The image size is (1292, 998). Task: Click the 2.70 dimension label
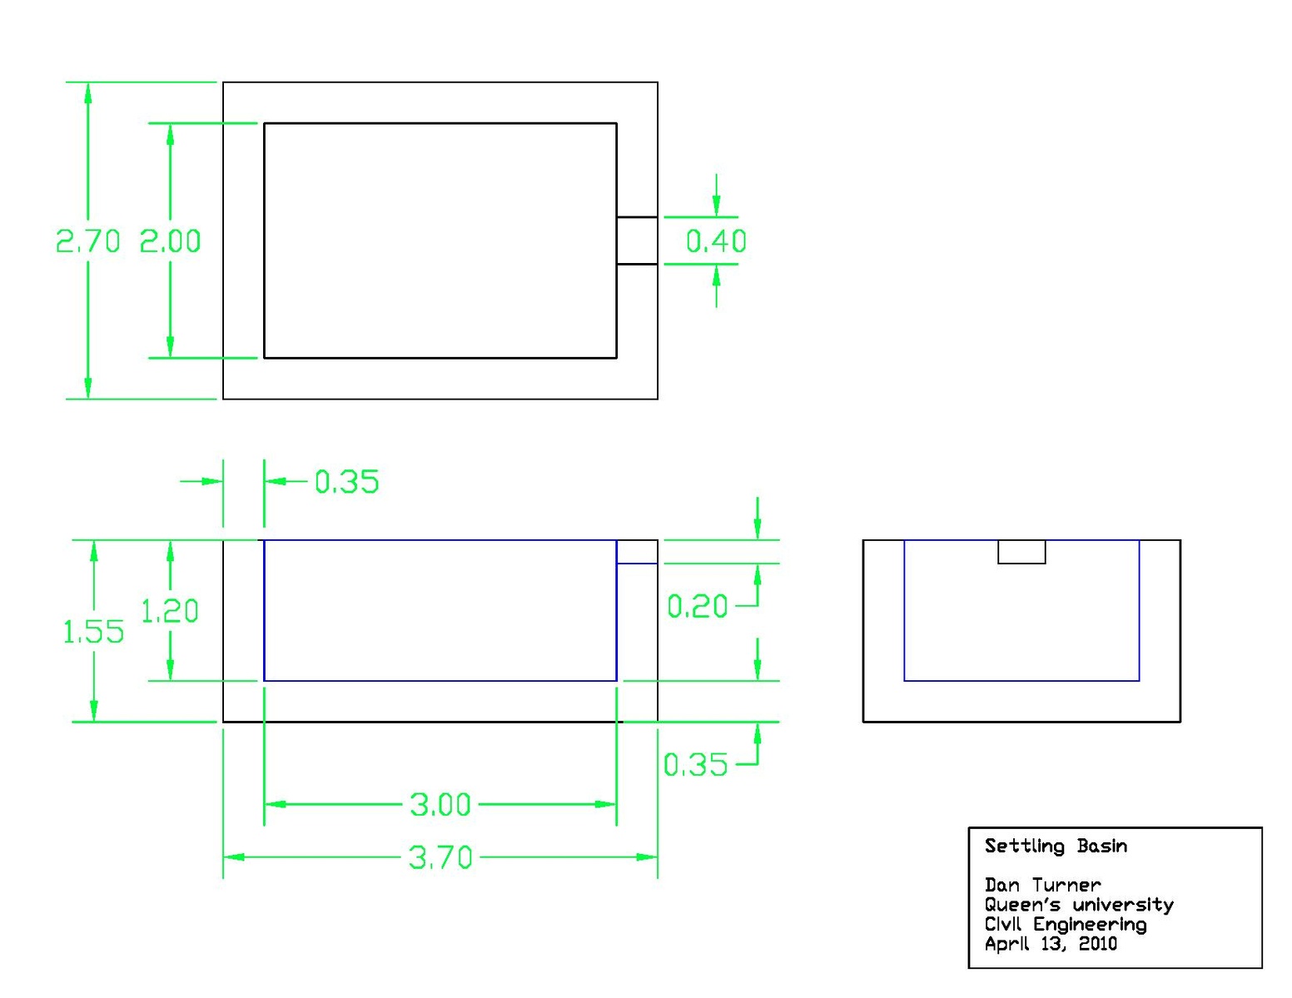pyautogui.click(x=88, y=241)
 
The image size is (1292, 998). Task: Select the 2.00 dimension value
pyautogui.click(x=170, y=241)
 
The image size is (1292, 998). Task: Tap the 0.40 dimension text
pyautogui.click(x=716, y=241)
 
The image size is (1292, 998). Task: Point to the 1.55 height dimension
pyautogui.click(x=93, y=631)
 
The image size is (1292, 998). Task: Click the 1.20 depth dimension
pyautogui.click(x=170, y=611)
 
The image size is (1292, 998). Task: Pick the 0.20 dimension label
pyautogui.click(x=698, y=606)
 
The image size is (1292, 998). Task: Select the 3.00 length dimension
pyautogui.click(x=440, y=805)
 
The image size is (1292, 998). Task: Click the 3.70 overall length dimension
pyautogui.click(x=440, y=857)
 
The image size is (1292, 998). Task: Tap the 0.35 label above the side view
pyautogui.click(x=346, y=481)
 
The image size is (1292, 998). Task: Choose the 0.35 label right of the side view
pyautogui.click(x=696, y=765)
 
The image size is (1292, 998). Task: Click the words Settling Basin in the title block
pyautogui.click(x=1056, y=846)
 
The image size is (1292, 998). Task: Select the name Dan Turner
pyautogui.click(x=1043, y=885)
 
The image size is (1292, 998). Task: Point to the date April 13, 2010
pyautogui.click(x=1051, y=944)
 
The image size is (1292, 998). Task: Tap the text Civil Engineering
pyautogui.click(x=1066, y=925)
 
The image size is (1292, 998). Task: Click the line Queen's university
pyautogui.click(x=1079, y=905)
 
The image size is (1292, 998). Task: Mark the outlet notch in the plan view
pyautogui.click(x=637, y=241)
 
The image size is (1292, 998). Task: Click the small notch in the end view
pyautogui.click(x=1021, y=552)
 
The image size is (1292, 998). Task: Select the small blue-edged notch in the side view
pyautogui.click(x=637, y=552)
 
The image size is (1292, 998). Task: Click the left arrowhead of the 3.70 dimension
pyautogui.click(x=234, y=857)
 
